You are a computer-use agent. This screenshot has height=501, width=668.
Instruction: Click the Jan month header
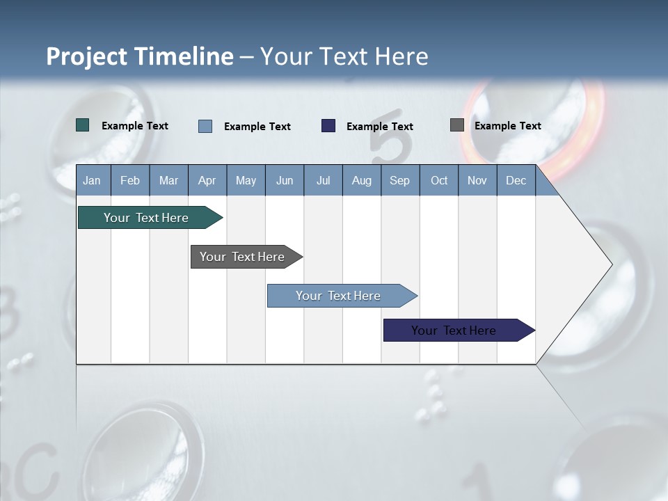92,180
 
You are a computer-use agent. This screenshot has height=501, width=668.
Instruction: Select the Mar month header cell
168,180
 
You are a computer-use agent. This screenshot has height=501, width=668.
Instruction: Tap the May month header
246,180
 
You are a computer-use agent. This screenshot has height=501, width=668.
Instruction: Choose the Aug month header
361,180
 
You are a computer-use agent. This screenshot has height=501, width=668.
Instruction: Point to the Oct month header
439,180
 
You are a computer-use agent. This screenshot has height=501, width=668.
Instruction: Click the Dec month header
516,180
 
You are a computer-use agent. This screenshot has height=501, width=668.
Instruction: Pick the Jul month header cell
323,180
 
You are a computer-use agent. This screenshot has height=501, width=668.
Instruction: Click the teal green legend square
83,125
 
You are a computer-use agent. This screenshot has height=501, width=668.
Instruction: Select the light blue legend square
205,126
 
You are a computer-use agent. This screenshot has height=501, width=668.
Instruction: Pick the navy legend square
328,126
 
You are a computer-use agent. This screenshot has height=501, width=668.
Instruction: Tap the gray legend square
457,125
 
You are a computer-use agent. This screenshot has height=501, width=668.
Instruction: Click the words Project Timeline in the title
140,56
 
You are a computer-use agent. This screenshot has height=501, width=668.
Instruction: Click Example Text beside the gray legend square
507,126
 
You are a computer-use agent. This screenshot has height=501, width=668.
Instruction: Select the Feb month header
130,180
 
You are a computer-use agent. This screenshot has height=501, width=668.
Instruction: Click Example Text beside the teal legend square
134,126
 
